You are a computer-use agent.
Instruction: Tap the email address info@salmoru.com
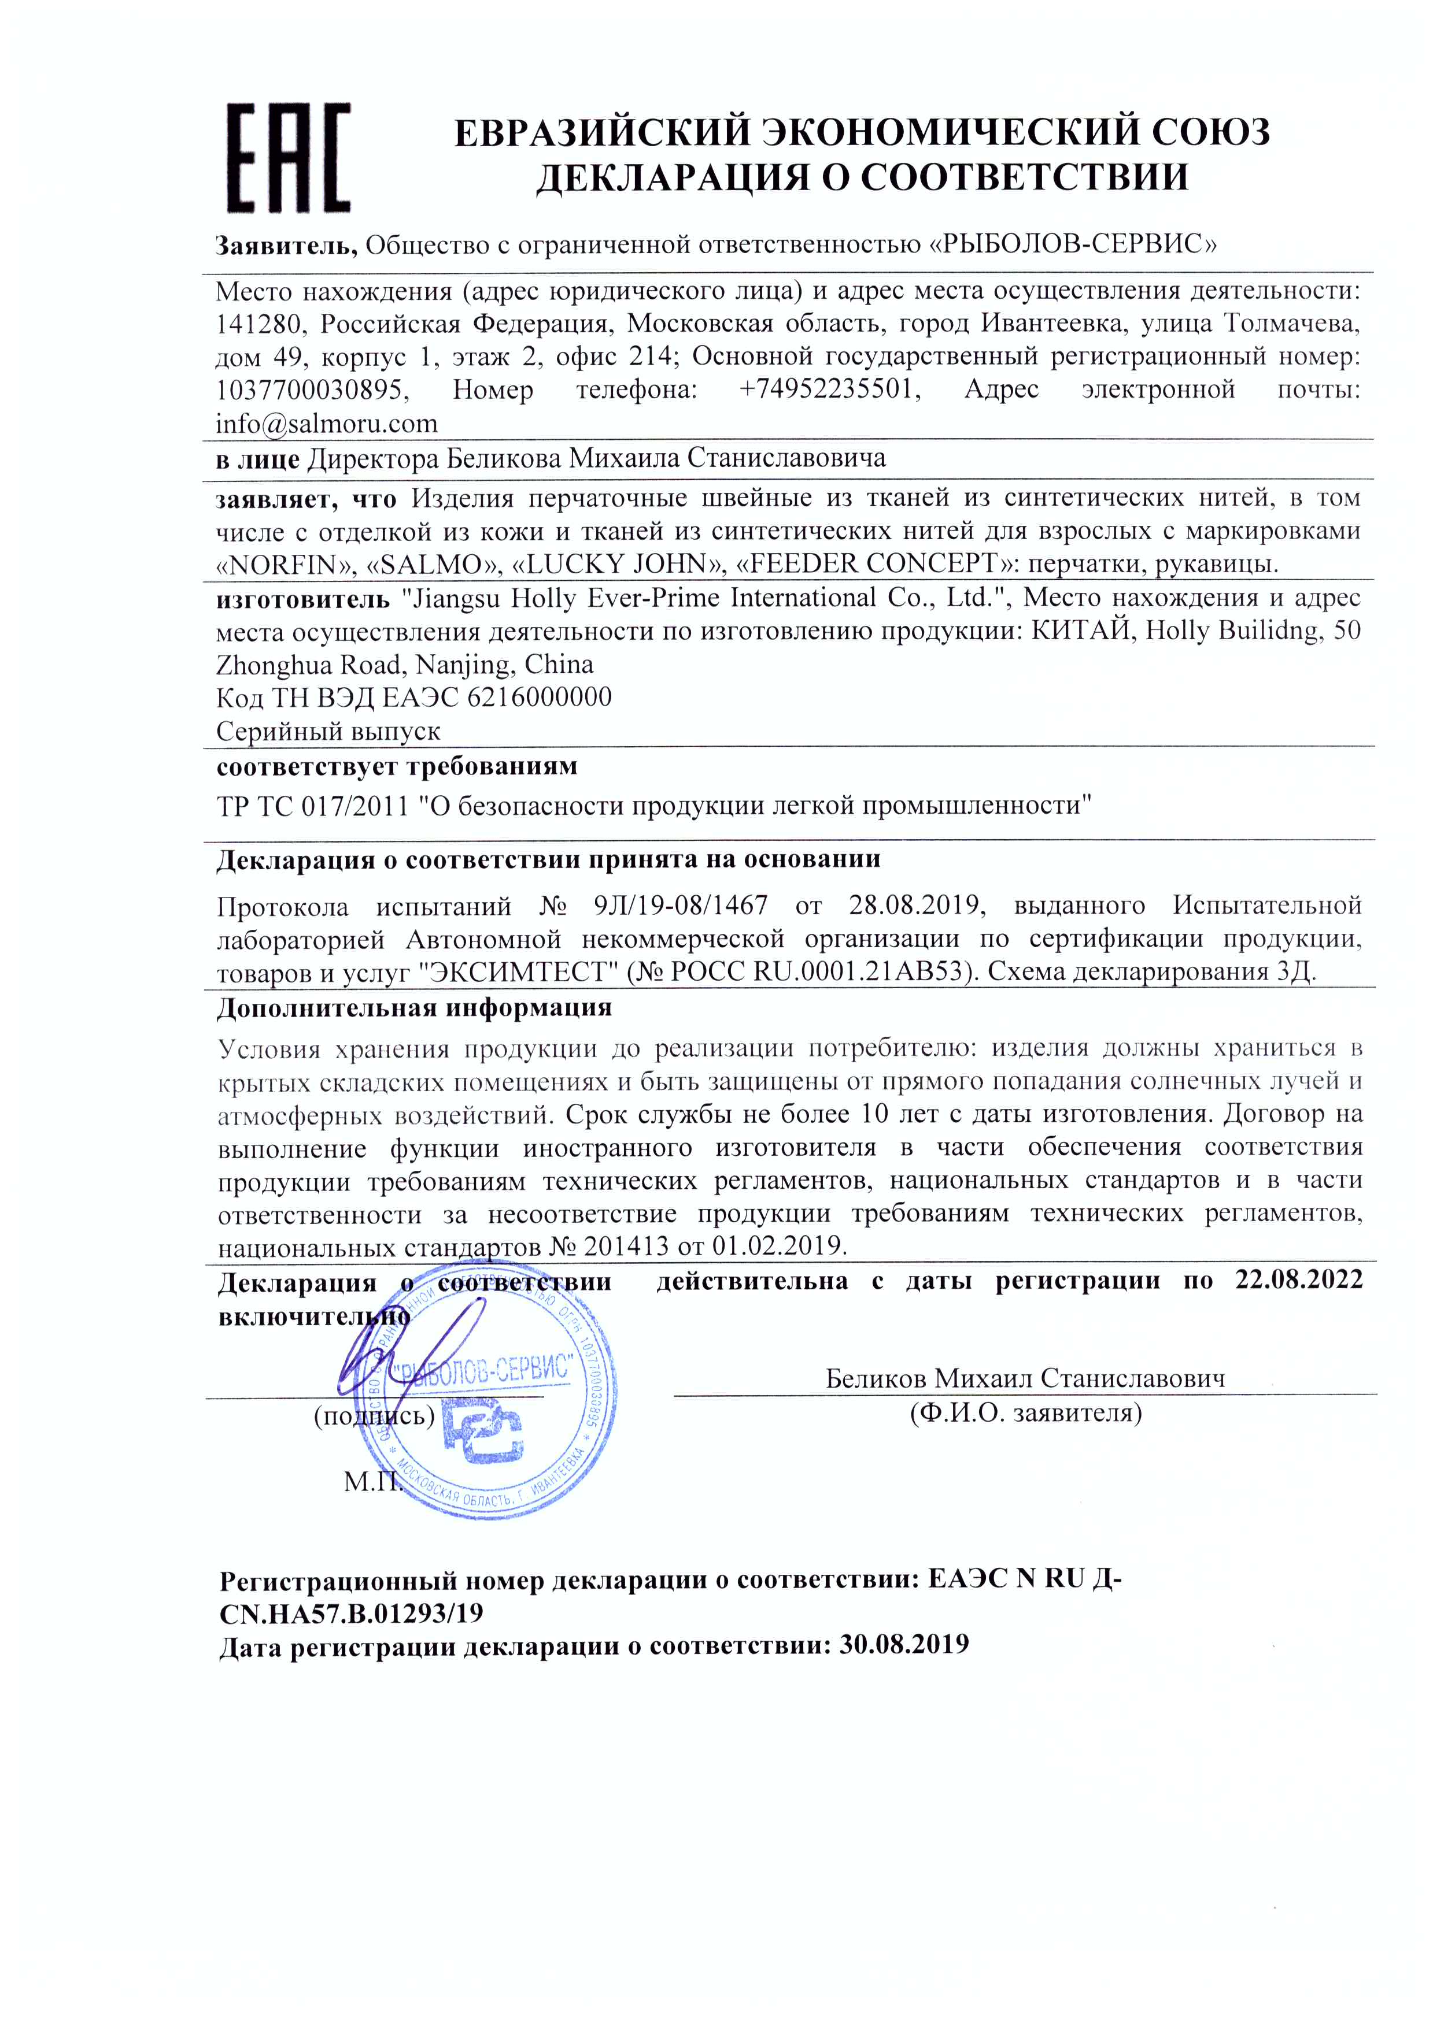click(x=327, y=424)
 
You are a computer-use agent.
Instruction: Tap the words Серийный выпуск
click(x=328, y=731)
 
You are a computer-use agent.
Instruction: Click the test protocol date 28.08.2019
click(x=915, y=905)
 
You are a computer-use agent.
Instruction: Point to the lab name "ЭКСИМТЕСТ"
click(x=517, y=973)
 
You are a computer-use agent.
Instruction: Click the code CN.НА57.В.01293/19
click(x=351, y=1612)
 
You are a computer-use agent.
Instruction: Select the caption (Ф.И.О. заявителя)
click(x=1025, y=1414)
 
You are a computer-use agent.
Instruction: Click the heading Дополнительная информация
click(x=414, y=1007)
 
